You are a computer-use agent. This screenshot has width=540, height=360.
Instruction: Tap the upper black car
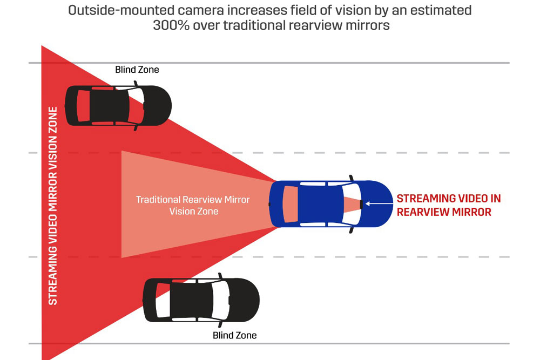pos(118,105)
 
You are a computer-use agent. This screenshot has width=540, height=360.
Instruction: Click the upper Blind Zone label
pos(137,70)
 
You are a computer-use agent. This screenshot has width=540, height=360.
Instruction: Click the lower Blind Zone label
pos(234,335)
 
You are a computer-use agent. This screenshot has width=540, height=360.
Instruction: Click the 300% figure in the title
pos(171,25)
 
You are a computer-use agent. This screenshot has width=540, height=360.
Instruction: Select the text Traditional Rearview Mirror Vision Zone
pos(193,205)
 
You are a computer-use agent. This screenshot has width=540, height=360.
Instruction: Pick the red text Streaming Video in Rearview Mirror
pos(449,205)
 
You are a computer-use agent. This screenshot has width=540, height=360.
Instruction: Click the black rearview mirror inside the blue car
pos(360,203)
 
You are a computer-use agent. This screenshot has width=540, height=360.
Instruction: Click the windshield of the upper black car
pos(137,105)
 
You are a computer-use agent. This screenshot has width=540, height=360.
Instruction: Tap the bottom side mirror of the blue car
pos(351,230)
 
